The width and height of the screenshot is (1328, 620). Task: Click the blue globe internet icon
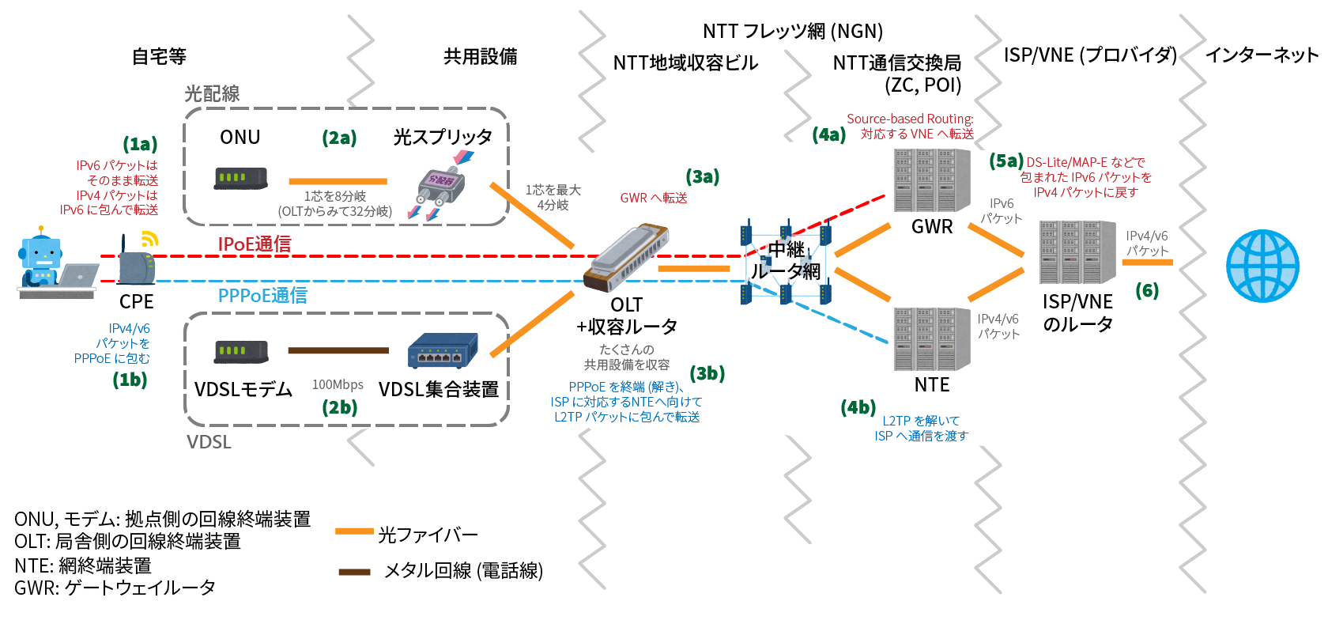1262,266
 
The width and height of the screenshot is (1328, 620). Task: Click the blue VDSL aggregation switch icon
443,351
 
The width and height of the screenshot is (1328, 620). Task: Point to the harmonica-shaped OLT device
626,258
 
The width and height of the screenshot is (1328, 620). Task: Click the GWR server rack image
931,181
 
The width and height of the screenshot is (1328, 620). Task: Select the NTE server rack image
931,339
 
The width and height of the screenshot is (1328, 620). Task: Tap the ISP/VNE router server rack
1077,252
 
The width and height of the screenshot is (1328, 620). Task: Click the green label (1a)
140,144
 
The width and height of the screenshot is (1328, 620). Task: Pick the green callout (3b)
707,373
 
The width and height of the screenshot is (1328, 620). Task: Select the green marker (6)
1146,291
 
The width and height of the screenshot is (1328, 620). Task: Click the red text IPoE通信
255,244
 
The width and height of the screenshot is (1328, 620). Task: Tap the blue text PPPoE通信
262,296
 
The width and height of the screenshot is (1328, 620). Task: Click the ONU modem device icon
240,178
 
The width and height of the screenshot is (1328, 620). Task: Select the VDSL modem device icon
241,351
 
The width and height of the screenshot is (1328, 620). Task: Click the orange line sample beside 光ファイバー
353,531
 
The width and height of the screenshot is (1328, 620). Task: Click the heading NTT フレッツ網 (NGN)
793,32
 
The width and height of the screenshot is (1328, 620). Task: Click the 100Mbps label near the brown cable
338,385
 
